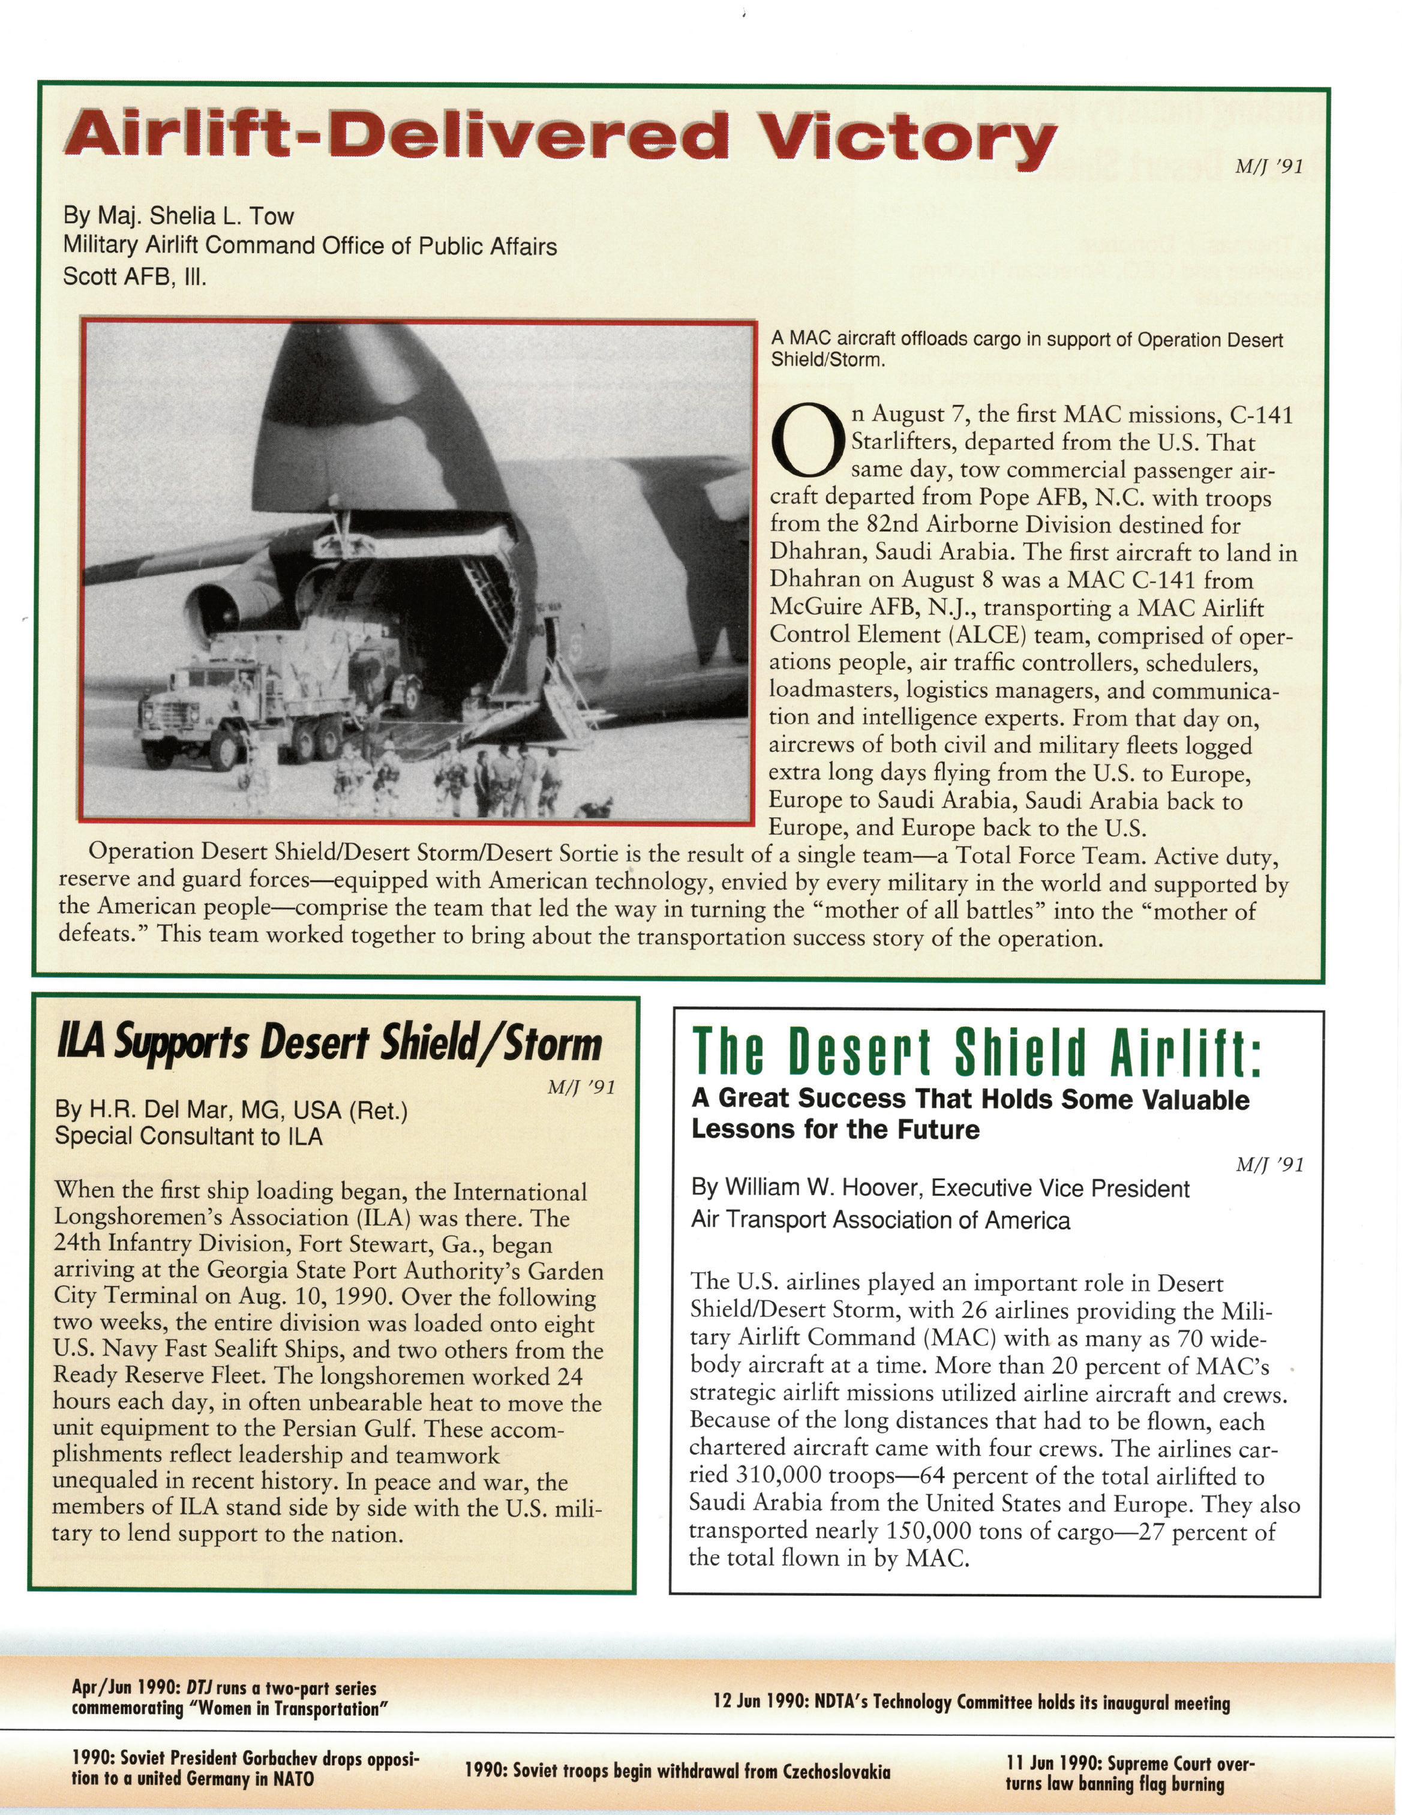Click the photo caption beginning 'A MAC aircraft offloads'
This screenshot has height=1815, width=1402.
pos(1026,349)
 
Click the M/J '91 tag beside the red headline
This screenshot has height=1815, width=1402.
pos(1268,167)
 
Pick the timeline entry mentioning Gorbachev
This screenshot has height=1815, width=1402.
pos(245,1768)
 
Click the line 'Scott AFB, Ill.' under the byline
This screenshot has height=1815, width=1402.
pos(134,276)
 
